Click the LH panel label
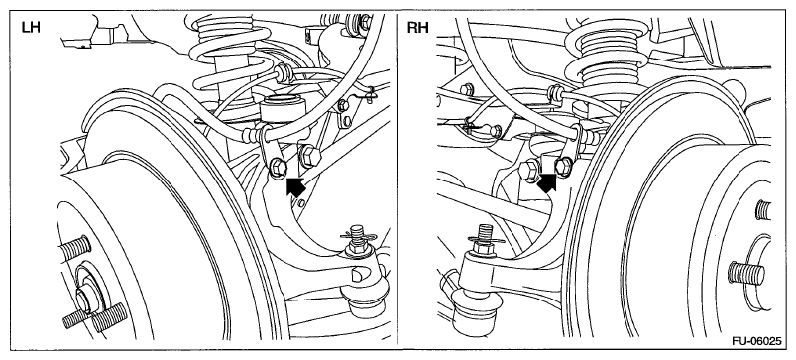pos(31,28)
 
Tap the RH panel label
pos(417,28)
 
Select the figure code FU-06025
pos(756,341)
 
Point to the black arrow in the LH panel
pos(296,185)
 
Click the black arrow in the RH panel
pos(547,182)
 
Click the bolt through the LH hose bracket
pos(278,167)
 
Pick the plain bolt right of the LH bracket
pos(308,156)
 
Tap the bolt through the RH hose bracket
pos(563,165)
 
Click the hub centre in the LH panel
pos(89,299)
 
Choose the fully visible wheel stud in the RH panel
pos(745,272)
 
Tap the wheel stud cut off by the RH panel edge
pos(763,209)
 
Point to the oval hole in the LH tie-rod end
pos(358,274)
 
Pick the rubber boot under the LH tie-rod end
pos(367,303)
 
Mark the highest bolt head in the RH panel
pos(467,90)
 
